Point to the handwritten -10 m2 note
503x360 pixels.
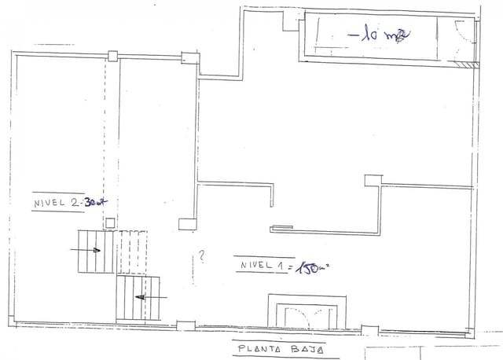click(x=380, y=35)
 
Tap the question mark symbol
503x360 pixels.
click(x=202, y=255)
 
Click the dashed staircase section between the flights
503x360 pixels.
click(x=132, y=252)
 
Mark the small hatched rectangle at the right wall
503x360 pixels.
click(x=469, y=64)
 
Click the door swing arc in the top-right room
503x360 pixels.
click(x=461, y=35)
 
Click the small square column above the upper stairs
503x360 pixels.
click(x=112, y=223)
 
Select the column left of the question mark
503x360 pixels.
click(x=186, y=224)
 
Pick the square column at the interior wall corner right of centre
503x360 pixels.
click(x=372, y=180)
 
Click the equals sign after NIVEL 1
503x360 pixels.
click(x=291, y=268)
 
